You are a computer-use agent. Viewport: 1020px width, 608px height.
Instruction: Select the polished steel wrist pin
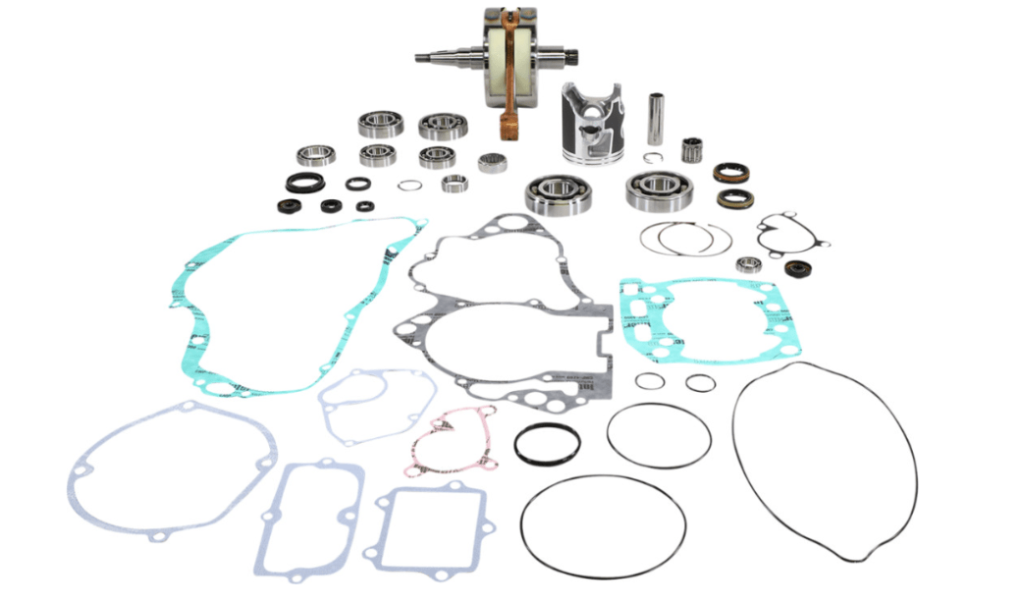(655, 119)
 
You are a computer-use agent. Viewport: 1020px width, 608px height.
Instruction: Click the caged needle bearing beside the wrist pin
(694, 150)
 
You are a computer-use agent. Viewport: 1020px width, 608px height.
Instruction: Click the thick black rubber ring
(547, 444)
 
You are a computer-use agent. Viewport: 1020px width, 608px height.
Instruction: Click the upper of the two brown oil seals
(730, 175)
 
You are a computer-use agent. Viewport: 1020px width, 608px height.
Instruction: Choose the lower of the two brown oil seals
(734, 199)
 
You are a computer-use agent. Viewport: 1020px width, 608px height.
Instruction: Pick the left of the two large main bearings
(557, 193)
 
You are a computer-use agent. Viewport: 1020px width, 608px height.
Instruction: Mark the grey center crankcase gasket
(503, 314)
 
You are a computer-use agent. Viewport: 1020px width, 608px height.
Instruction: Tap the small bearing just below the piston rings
(749, 264)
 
